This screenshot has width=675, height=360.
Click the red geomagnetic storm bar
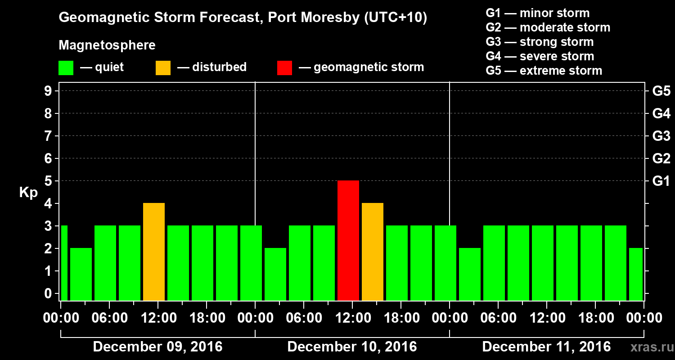point(348,240)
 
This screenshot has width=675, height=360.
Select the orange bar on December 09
point(154,252)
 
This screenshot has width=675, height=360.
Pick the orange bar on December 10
point(373,252)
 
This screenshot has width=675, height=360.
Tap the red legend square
point(284,67)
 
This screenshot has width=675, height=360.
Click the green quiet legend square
point(66,67)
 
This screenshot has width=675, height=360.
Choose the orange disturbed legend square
point(163,67)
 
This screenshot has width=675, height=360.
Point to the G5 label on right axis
point(661,91)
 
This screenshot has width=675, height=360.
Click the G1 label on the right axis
point(661,181)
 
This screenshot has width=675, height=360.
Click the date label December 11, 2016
point(546,347)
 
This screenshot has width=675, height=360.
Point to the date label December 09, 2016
point(157,347)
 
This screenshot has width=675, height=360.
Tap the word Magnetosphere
point(107,45)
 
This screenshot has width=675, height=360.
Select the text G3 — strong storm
point(540,42)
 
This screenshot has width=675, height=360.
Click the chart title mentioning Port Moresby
point(243,18)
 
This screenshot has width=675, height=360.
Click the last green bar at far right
point(635,274)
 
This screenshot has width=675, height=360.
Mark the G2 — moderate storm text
point(548,27)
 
